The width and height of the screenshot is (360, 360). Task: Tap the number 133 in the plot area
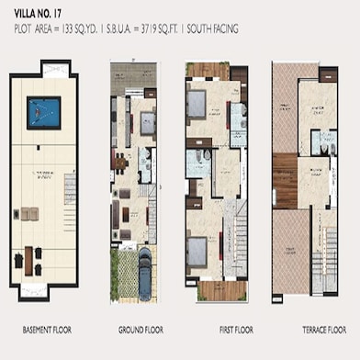84,29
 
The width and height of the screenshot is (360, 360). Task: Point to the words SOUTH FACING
213,29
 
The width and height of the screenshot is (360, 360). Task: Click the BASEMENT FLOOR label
46,328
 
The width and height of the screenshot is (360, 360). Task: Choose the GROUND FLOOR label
139,328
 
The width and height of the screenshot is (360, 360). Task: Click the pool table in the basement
43,110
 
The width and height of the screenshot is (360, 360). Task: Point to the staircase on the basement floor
69,217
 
